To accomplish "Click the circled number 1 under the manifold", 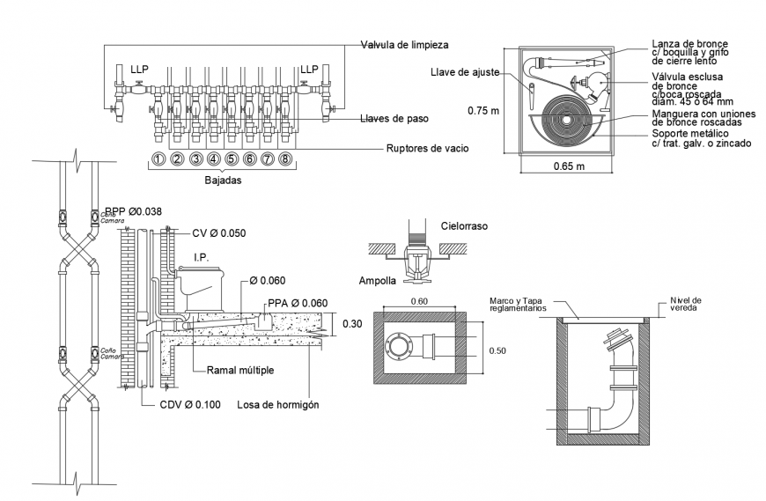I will click(x=158, y=159).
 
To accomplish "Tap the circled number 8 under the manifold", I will click(x=285, y=159).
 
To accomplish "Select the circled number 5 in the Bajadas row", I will click(x=231, y=159).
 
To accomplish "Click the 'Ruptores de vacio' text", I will click(x=427, y=149).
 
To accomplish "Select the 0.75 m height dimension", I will click(x=482, y=110).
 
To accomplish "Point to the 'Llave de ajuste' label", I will click(x=467, y=72).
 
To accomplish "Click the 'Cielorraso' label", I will click(x=463, y=226).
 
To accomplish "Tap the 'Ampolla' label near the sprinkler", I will click(x=377, y=282).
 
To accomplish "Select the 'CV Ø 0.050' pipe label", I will click(x=218, y=233).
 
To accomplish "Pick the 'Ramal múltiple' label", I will click(x=239, y=371).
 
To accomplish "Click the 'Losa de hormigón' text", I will click(x=277, y=405).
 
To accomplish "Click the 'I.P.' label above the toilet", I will click(x=201, y=256).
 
